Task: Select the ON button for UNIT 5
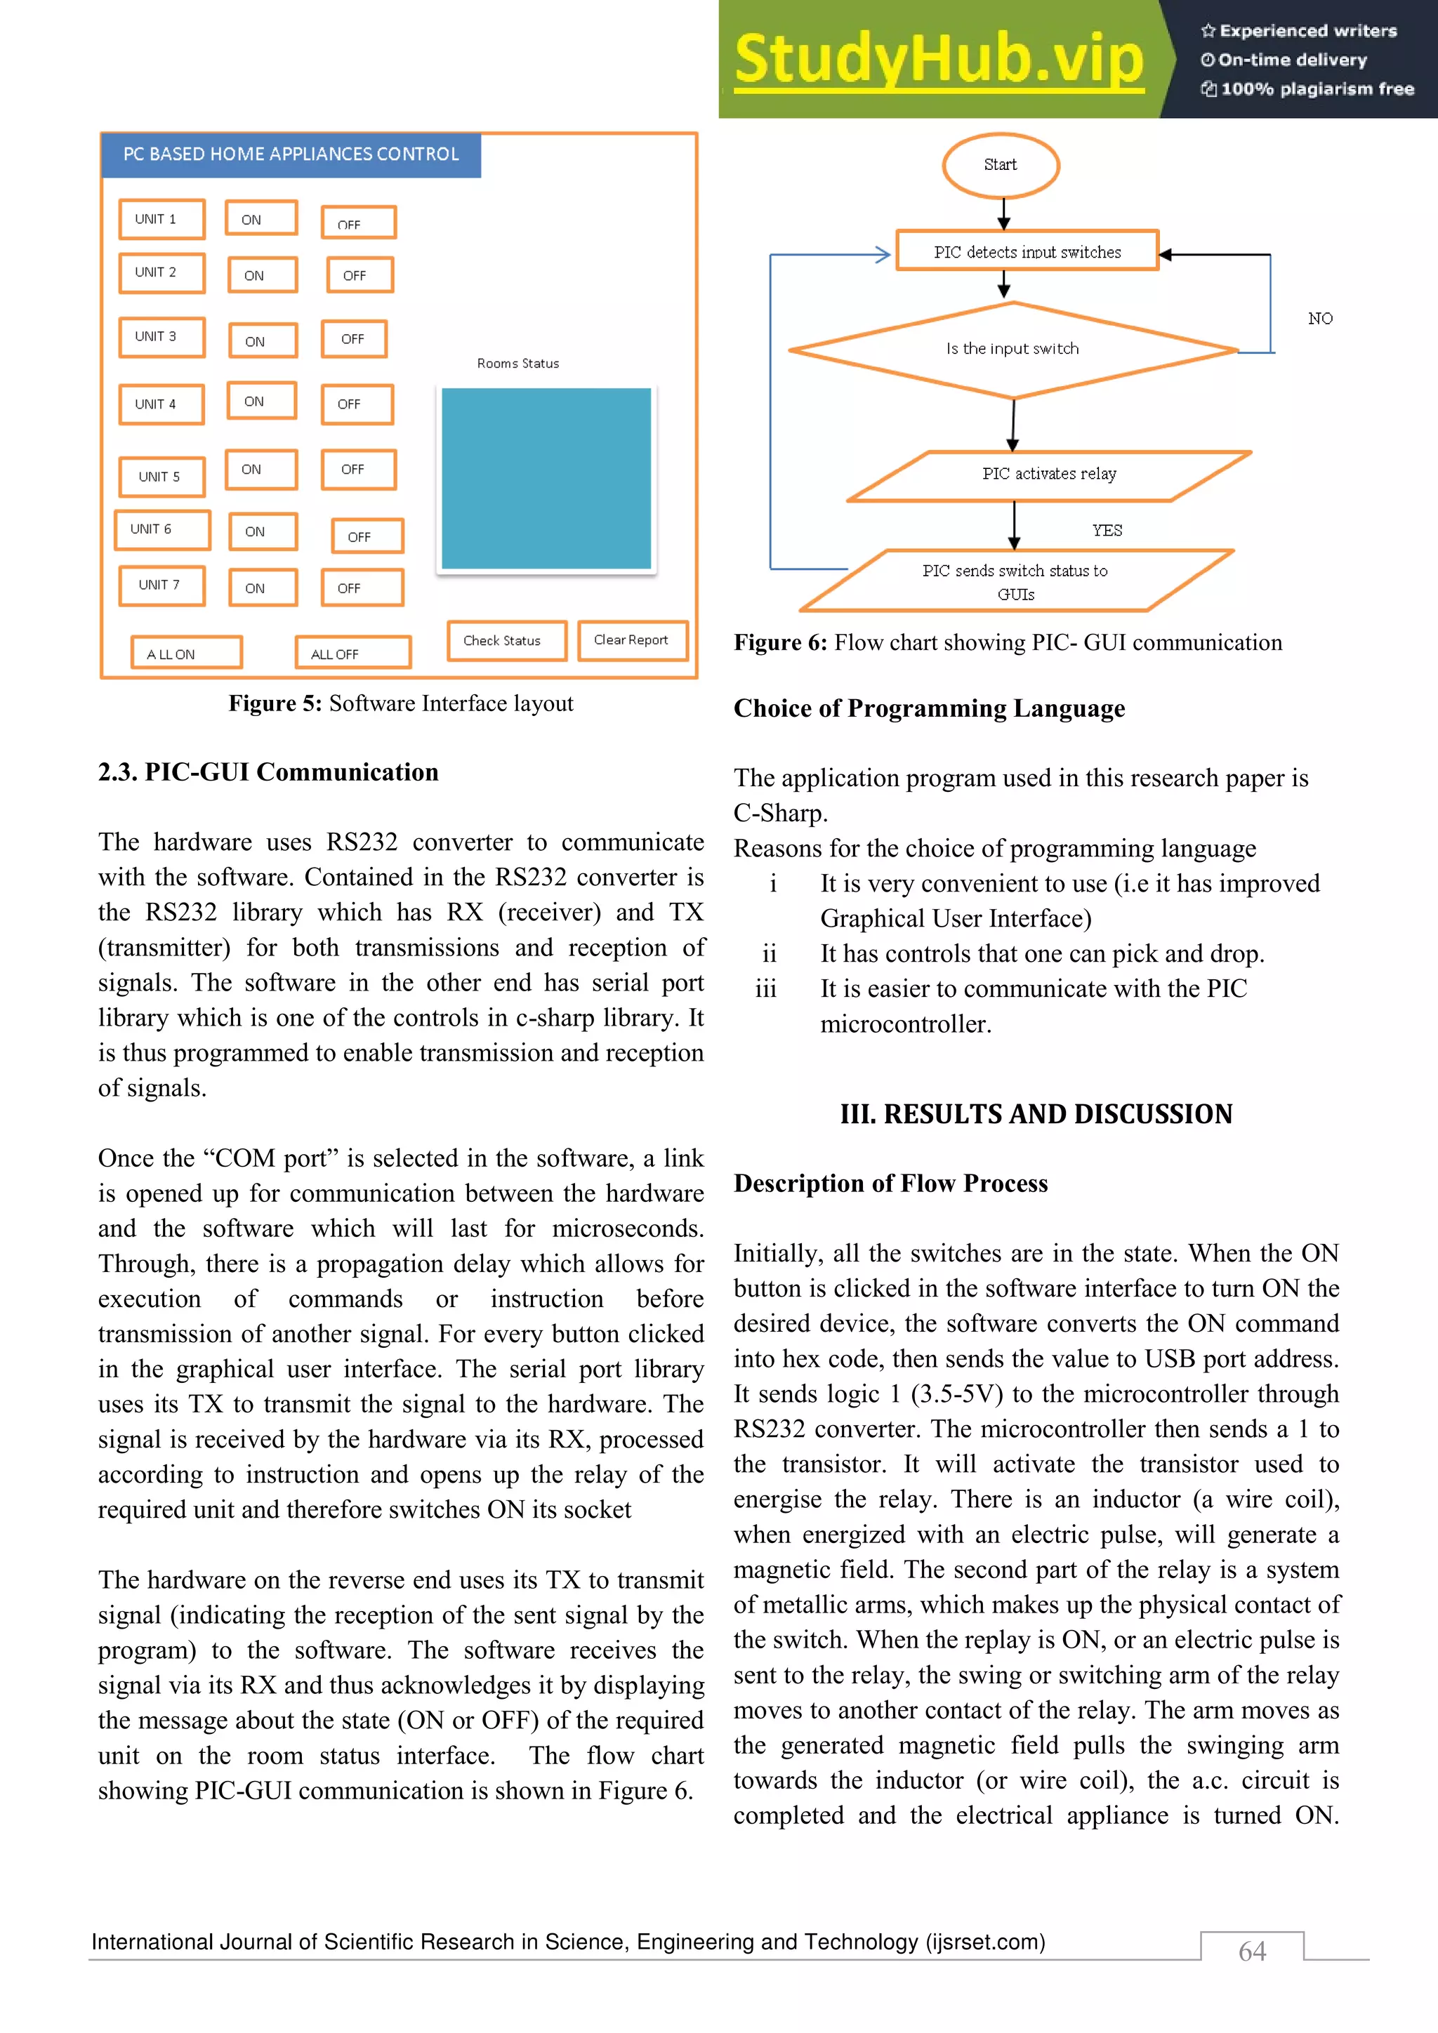point(261,470)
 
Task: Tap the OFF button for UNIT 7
point(362,588)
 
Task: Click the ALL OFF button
point(353,654)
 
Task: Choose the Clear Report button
point(632,640)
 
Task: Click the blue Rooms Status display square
point(546,478)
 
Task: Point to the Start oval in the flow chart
point(1001,166)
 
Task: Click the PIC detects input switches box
point(1027,251)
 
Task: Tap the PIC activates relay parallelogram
point(1048,475)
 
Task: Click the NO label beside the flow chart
point(1319,319)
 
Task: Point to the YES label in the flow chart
point(1107,531)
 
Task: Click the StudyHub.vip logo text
point(939,60)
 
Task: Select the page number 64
point(1252,1951)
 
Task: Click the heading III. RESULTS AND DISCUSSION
point(1036,1114)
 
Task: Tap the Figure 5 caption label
point(275,704)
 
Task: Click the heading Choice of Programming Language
point(929,708)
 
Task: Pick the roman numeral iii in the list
point(766,989)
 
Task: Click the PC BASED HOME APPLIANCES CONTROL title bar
point(291,155)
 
